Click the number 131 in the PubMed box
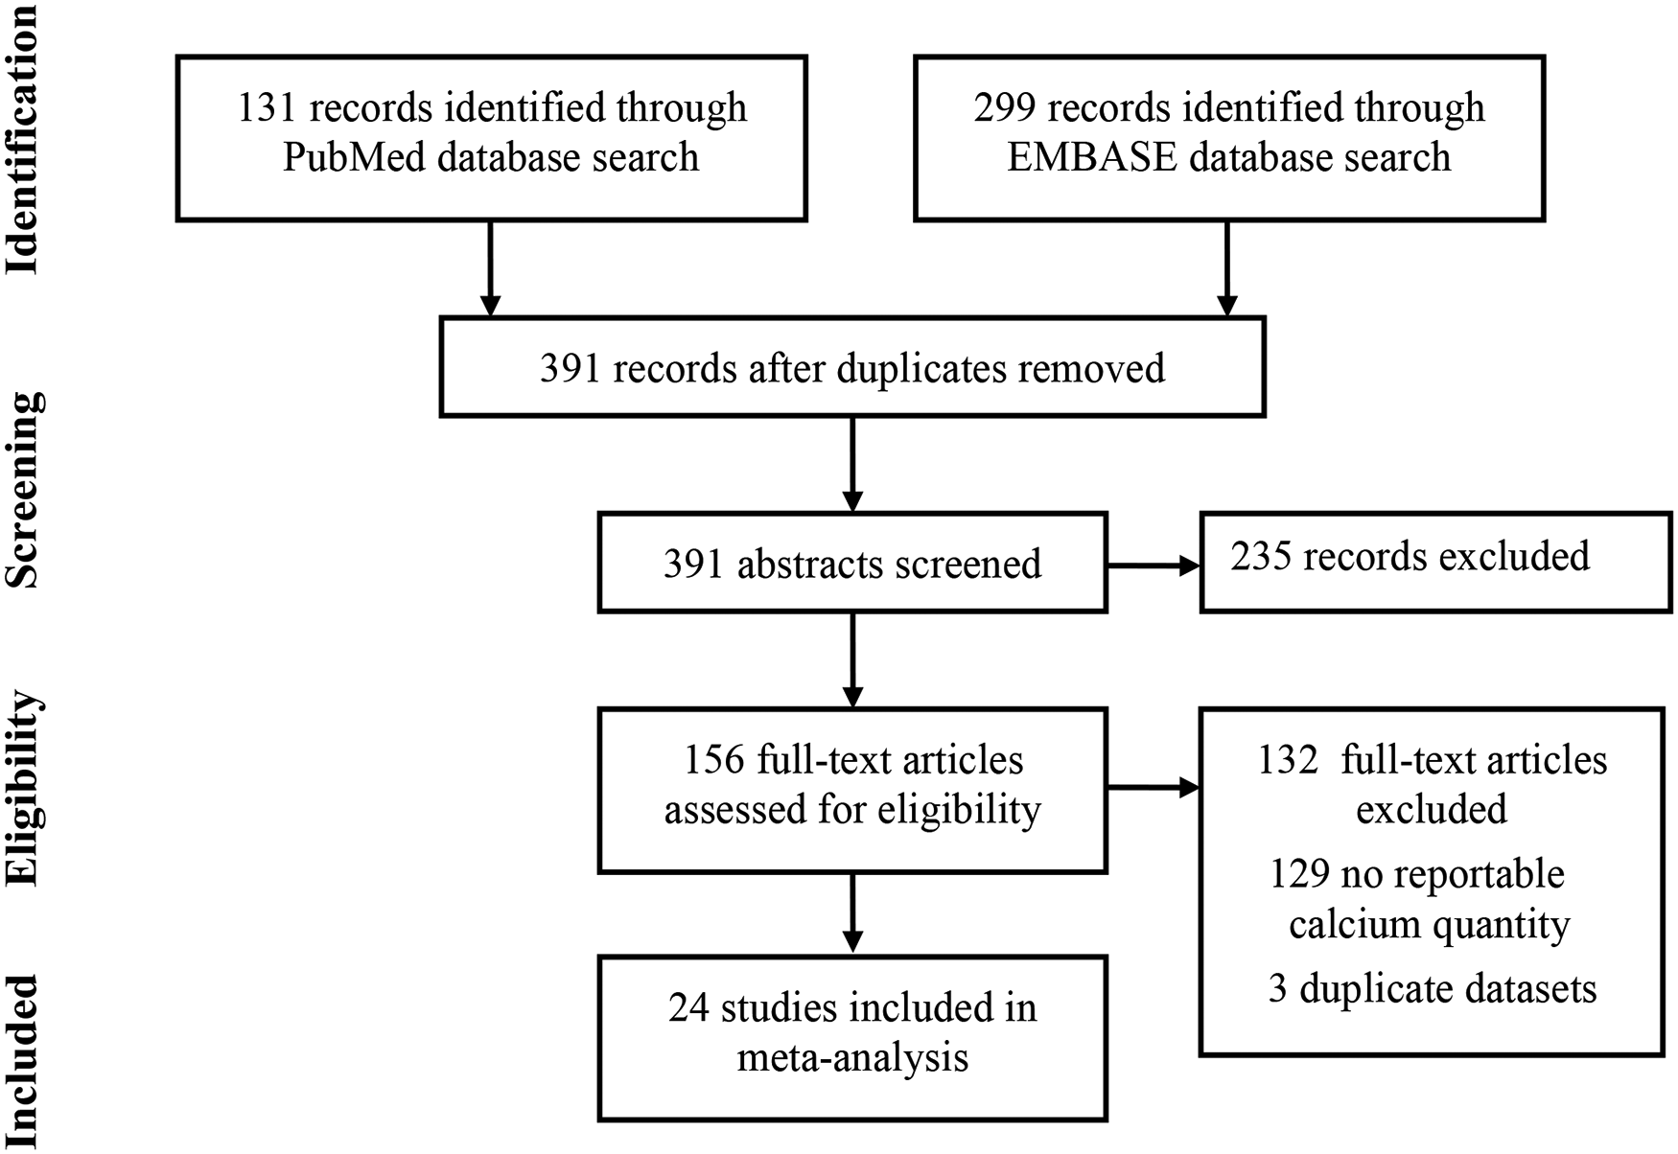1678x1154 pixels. coord(267,107)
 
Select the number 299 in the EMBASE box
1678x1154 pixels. coord(1004,107)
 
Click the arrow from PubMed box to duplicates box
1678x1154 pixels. coord(490,268)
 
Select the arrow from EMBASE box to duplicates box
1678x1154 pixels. coord(1227,268)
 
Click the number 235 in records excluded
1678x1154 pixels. coord(1260,557)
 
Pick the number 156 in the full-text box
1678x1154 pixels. coord(714,760)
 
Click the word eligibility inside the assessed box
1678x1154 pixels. coord(958,811)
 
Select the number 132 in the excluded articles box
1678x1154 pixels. coord(1288,760)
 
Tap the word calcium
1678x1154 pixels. coord(1353,925)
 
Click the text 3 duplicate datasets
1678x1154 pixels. coord(1432,989)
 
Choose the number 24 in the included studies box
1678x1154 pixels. coord(688,1008)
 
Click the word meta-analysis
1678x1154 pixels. coord(852,1058)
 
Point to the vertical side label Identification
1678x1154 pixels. coord(23,139)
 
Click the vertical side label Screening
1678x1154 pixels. coord(23,489)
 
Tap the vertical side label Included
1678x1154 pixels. coord(23,1059)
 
